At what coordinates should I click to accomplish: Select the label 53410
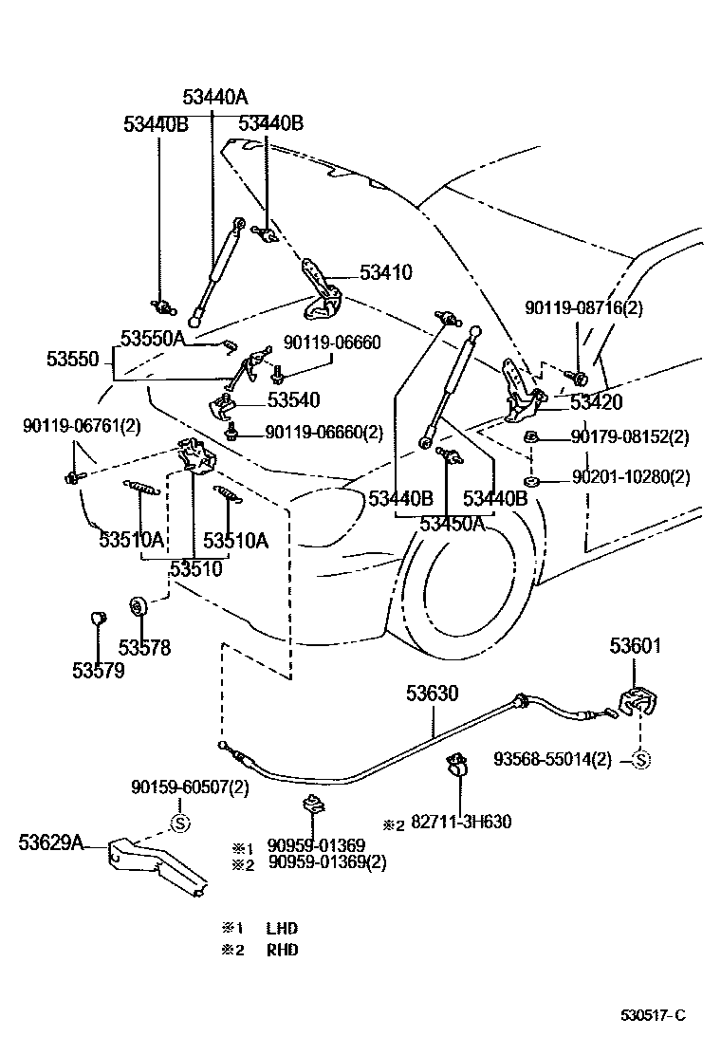pos(385,273)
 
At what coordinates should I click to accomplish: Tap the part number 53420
pos(596,402)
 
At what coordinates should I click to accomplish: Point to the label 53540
pos(293,400)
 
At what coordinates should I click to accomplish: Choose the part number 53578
pos(144,648)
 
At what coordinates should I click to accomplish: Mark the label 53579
pos(98,670)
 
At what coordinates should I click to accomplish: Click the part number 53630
pos(433,694)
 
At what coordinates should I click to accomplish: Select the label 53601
pos(635,647)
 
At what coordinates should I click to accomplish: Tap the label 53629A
pos(50,841)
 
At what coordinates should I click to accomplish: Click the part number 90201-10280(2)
pos(630,477)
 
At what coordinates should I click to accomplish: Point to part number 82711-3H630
pos(460,822)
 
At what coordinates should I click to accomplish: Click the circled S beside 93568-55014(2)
pos(640,759)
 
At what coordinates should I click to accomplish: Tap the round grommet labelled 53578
pos(138,605)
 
